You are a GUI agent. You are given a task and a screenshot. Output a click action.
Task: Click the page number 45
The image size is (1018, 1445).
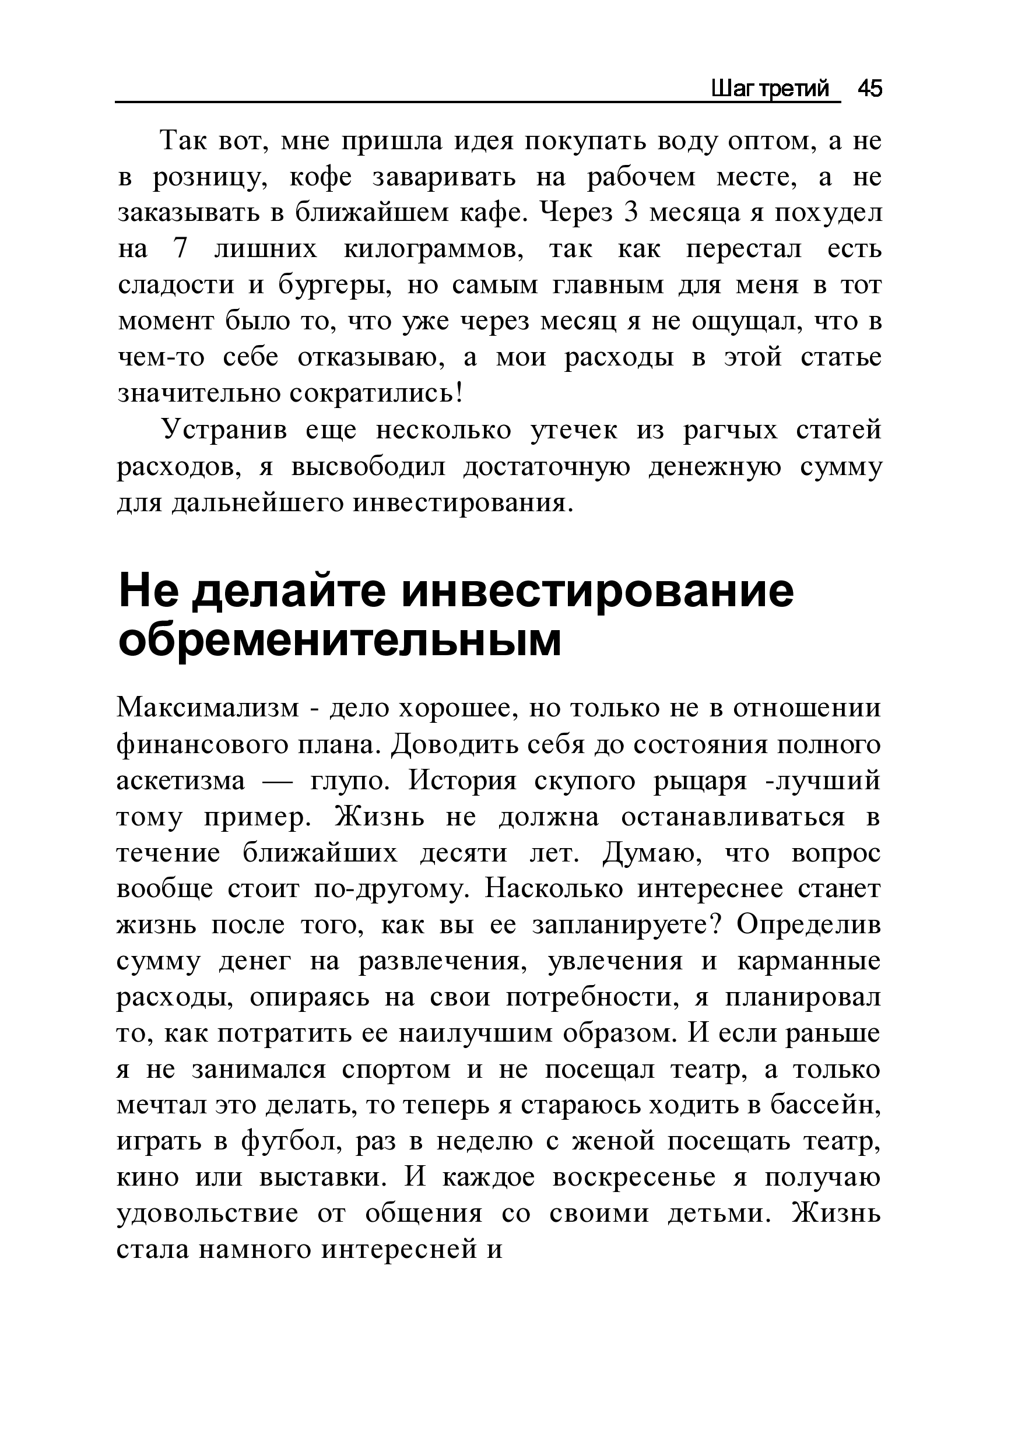[870, 89]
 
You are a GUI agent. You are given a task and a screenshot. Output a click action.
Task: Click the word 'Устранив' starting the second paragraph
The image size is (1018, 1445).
[224, 431]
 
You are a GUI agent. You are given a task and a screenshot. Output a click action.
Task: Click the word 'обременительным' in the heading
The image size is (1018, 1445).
[339, 640]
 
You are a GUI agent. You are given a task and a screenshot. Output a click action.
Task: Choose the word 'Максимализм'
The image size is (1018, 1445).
[208, 709]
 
